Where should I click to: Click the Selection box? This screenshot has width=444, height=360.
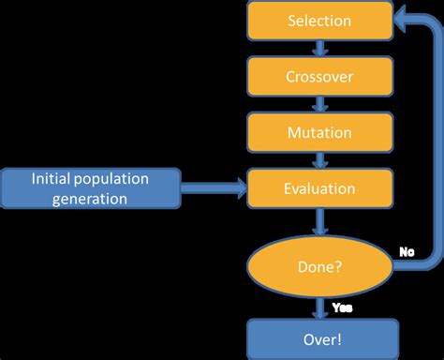[x=319, y=21]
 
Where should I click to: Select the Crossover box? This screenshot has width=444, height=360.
[x=319, y=77]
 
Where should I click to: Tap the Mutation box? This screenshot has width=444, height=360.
[x=319, y=133]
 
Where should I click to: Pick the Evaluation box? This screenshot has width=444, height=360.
[x=319, y=188]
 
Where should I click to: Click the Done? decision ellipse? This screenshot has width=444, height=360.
[x=319, y=267]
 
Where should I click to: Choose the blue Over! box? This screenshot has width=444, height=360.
[x=319, y=336]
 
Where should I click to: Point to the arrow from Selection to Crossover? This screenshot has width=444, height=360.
[x=319, y=49]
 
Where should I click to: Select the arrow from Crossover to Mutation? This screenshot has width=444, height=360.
[x=319, y=105]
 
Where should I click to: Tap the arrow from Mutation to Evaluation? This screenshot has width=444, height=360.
[x=319, y=161]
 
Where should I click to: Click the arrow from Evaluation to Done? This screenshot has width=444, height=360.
[x=319, y=221]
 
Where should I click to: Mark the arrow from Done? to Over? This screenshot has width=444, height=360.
[x=319, y=307]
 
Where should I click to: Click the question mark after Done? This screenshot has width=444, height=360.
[x=338, y=267]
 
